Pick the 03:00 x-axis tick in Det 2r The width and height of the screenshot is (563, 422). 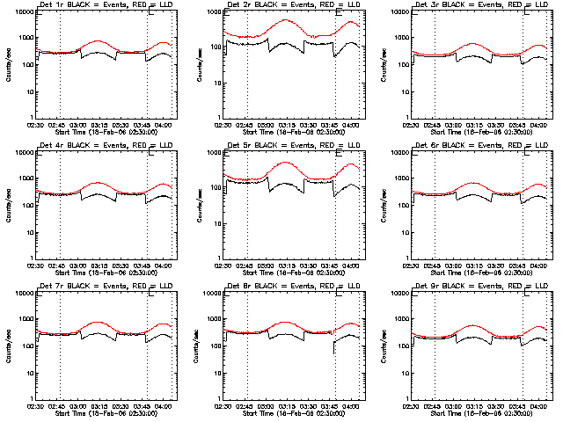click(265, 125)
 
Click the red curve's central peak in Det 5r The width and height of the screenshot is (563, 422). click(285, 163)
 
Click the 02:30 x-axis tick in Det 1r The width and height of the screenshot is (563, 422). click(35, 125)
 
